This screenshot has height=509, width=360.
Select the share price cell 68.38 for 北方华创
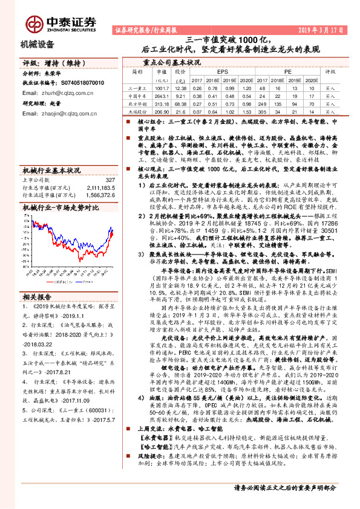179,103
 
